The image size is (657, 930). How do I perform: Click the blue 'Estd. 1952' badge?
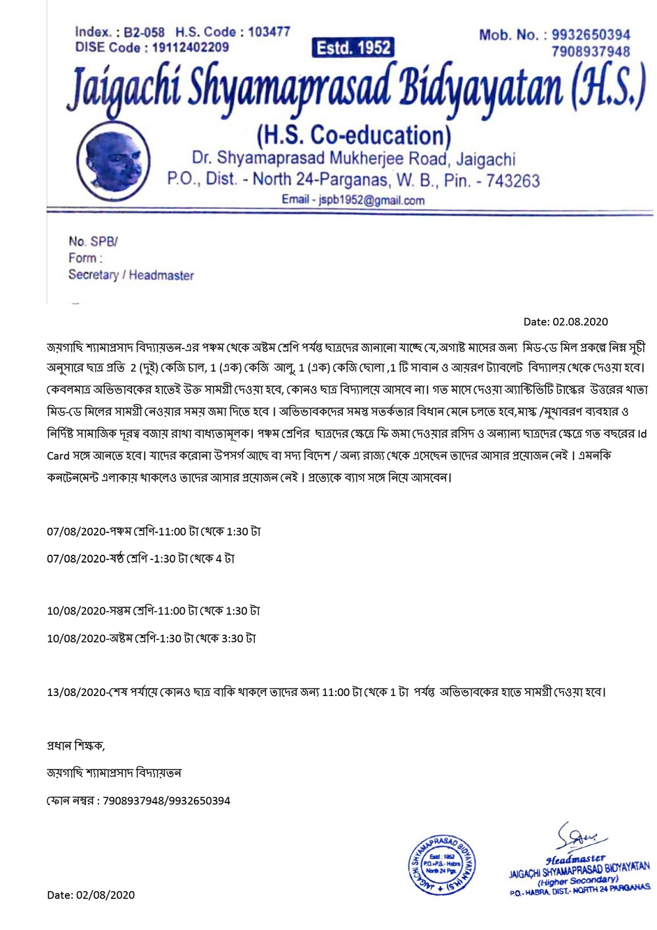coord(353,47)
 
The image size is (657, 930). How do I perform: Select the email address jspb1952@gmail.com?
coord(371,200)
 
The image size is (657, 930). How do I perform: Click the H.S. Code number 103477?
coord(269,32)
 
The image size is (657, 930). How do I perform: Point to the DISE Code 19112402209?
coord(191,47)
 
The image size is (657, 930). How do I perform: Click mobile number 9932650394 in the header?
coord(591,35)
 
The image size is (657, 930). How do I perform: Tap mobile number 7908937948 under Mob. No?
coord(591,51)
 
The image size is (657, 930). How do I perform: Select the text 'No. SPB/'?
coord(93,241)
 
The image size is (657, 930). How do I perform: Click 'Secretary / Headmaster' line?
coord(131,275)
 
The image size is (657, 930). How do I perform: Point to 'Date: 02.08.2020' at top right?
coord(566,321)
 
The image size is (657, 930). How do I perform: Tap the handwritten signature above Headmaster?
coord(580,837)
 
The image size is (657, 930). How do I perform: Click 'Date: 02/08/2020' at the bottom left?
coord(91,895)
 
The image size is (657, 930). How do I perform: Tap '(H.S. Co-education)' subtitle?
coord(353,135)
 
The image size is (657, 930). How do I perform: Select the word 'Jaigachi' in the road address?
coord(486,158)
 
